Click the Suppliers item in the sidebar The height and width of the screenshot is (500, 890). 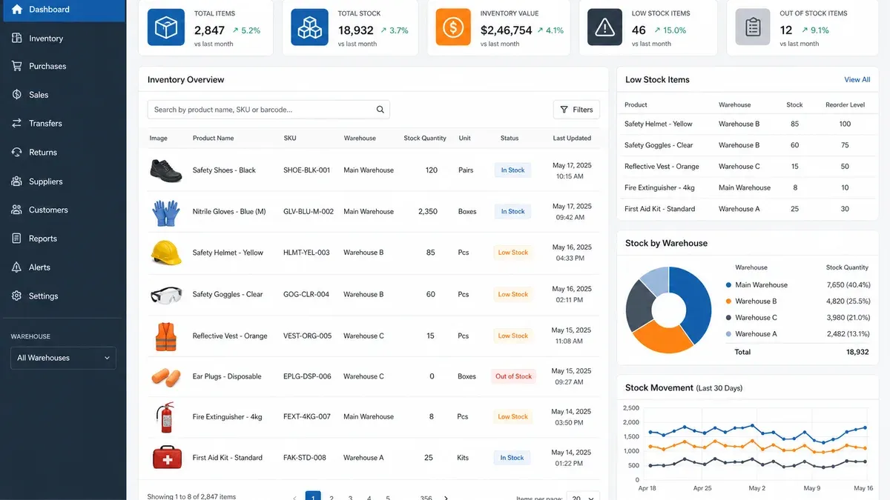point(45,181)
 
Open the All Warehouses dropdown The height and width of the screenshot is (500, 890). point(63,358)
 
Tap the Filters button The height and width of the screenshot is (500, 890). point(576,110)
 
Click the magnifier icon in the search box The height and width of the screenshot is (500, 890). point(380,110)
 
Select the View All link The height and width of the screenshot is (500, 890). point(857,79)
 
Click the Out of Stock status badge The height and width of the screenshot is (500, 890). point(513,376)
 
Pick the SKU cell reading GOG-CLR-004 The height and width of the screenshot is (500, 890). point(306,294)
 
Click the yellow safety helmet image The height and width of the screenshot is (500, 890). point(166,253)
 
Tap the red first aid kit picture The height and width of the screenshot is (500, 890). point(168,457)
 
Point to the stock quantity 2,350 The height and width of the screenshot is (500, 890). point(427,212)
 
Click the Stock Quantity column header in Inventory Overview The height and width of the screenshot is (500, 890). point(425,138)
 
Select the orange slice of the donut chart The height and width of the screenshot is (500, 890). point(662,336)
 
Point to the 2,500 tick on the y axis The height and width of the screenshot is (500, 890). point(631,408)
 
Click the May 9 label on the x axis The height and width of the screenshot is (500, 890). point(811,488)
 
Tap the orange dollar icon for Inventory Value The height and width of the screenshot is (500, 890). point(453,27)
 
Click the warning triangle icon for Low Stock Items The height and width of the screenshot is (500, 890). point(604,27)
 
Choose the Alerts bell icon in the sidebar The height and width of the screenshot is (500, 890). point(16,267)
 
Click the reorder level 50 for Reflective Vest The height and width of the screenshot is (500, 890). point(845,166)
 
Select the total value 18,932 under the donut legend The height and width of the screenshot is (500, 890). point(857,352)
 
